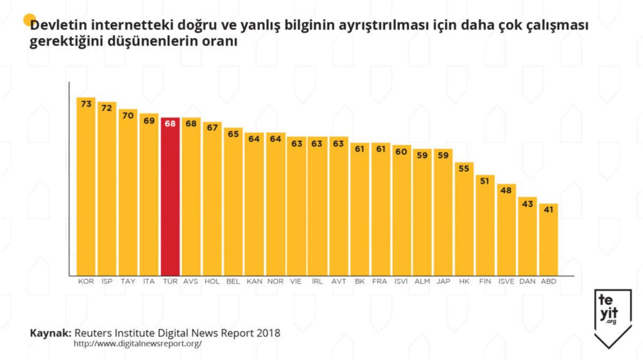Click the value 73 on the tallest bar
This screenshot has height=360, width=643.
coord(86,104)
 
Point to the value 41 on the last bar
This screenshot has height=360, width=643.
coord(548,211)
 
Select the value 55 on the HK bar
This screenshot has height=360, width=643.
coord(464,168)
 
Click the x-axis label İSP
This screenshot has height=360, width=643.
coord(107,281)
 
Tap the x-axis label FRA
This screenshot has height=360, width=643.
coord(380,281)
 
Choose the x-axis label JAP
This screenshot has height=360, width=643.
coord(443,281)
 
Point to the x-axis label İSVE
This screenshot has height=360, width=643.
coord(506,281)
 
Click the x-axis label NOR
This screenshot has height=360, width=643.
coord(275,281)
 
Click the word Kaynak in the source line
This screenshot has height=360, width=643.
coord(50,333)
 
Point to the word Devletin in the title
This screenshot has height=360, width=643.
coord(59,26)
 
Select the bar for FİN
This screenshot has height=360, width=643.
coord(485,225)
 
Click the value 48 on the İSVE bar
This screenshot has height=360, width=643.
coord(506,191)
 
